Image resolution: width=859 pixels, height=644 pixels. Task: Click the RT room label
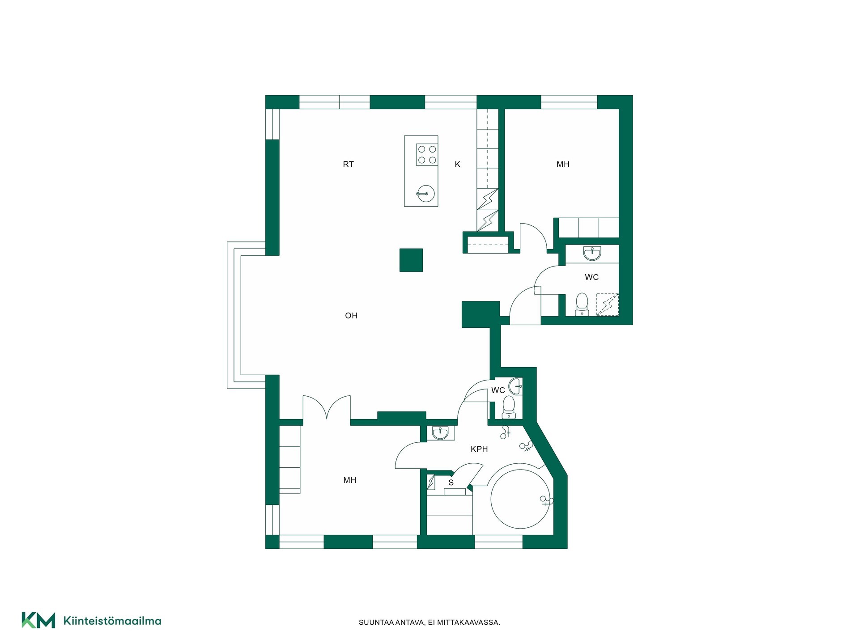348,164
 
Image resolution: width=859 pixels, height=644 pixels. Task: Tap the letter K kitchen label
457,164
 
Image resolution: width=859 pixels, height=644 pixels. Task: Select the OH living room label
351,315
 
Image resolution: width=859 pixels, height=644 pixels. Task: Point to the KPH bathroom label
479,449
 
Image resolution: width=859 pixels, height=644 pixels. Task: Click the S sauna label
451,483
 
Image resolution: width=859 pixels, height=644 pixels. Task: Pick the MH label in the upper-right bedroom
563,164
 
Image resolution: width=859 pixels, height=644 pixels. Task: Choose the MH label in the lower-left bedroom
350,480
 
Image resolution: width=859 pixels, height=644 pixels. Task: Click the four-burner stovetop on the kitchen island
427,154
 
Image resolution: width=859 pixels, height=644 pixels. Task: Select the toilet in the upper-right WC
582,304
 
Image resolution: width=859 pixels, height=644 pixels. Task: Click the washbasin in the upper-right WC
592,254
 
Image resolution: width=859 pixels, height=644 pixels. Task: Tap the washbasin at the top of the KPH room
441,433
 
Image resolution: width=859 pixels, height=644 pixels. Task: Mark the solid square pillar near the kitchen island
411,260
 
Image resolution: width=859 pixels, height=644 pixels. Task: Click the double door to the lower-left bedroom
327,407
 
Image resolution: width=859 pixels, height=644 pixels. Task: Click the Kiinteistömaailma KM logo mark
38,620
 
